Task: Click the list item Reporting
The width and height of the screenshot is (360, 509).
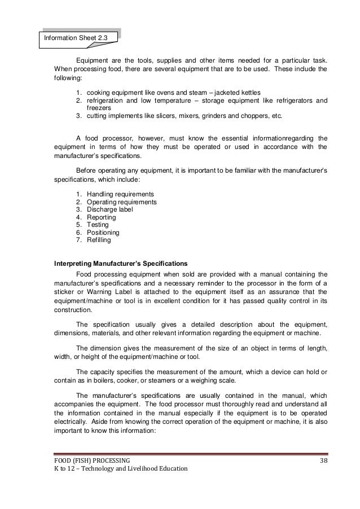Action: point(101,217)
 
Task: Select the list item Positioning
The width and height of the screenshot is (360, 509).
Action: point(103,232)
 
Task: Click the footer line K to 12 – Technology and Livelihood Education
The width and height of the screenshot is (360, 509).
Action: point(121,470)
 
